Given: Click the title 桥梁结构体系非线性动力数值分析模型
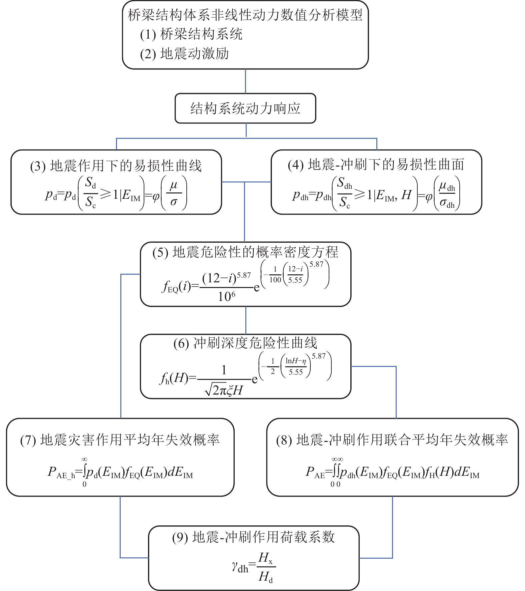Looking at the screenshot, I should click(x=245, y=15).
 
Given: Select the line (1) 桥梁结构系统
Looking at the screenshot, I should click(x=191, y=34).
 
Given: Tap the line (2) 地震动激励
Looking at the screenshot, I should click(x=184, y=54).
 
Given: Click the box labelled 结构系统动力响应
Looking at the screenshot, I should click(x=245, y=109).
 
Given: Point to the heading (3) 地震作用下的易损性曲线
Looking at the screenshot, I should click(x=116, y=166).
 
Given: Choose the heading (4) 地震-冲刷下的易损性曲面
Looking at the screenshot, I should click(x=376, y=165).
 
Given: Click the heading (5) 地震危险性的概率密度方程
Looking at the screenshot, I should click(x=245, y=252).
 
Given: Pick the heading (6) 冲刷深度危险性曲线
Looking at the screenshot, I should click(x=245, y=343).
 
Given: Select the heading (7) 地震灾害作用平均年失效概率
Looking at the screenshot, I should click(x=120, y=440).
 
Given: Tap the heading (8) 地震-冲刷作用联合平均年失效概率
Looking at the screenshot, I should click(x=392, y=440).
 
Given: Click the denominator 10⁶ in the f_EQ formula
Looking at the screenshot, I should click(x=227, y=296).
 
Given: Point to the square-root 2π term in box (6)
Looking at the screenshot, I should click(x=215, y=390).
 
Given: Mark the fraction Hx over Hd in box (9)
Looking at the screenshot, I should click(x=266, y=566).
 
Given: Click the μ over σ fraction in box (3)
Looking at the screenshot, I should click(x=174, y=194).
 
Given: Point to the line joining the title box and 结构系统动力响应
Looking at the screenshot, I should click(x=246, y=81).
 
